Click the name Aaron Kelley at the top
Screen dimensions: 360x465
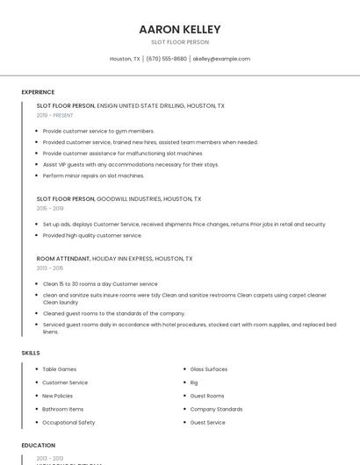179,29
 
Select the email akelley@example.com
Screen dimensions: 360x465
221,59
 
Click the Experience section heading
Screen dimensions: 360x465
38,92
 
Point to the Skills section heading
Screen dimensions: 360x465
31,353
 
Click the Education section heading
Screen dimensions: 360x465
38,446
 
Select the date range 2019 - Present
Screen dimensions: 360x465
54,115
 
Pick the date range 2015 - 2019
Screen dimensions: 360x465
50,209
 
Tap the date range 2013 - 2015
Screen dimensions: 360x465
50,268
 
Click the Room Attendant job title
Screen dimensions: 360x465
63,259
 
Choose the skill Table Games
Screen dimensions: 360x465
60,369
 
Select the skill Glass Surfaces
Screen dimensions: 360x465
209,369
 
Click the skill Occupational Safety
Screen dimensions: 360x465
68,422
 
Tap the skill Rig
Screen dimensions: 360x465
194,383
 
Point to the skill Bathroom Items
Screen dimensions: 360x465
63,409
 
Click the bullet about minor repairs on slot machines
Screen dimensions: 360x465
92,175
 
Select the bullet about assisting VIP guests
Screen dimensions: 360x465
130,164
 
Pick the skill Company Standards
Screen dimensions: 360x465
216,409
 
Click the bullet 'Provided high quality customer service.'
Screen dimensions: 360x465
92,235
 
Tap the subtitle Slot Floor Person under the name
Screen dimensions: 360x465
179,41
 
